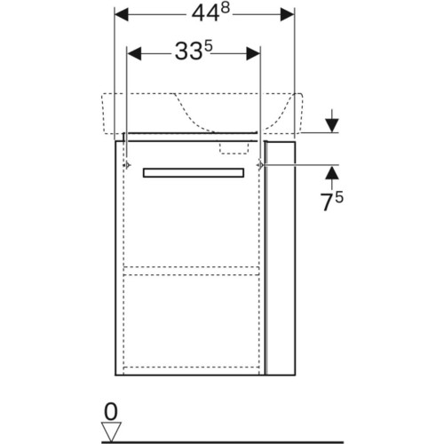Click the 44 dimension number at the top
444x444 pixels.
206,13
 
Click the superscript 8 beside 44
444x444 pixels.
226,8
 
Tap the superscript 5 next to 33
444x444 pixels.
209,46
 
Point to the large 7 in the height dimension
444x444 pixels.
328,202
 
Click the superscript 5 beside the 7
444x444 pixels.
339,197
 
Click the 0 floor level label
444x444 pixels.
111,411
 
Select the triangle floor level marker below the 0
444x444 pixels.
111,432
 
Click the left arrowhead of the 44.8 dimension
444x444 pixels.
122,14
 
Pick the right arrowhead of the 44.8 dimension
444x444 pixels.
287,14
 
